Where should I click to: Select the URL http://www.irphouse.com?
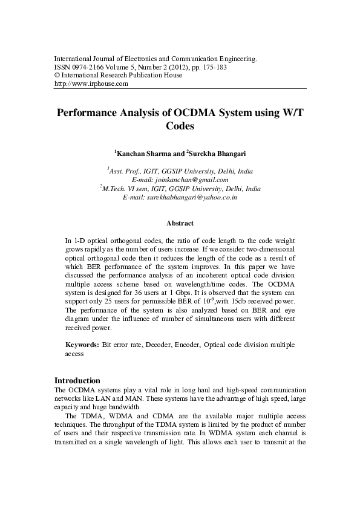click(x=91, y=84)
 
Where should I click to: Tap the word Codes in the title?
click(x=180, y=126)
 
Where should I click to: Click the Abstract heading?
click(x=180, y=223)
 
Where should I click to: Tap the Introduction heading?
click(x=77, y=381)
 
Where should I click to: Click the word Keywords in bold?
click(x=82, y=345)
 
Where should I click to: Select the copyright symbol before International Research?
click(x=57, y=76)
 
